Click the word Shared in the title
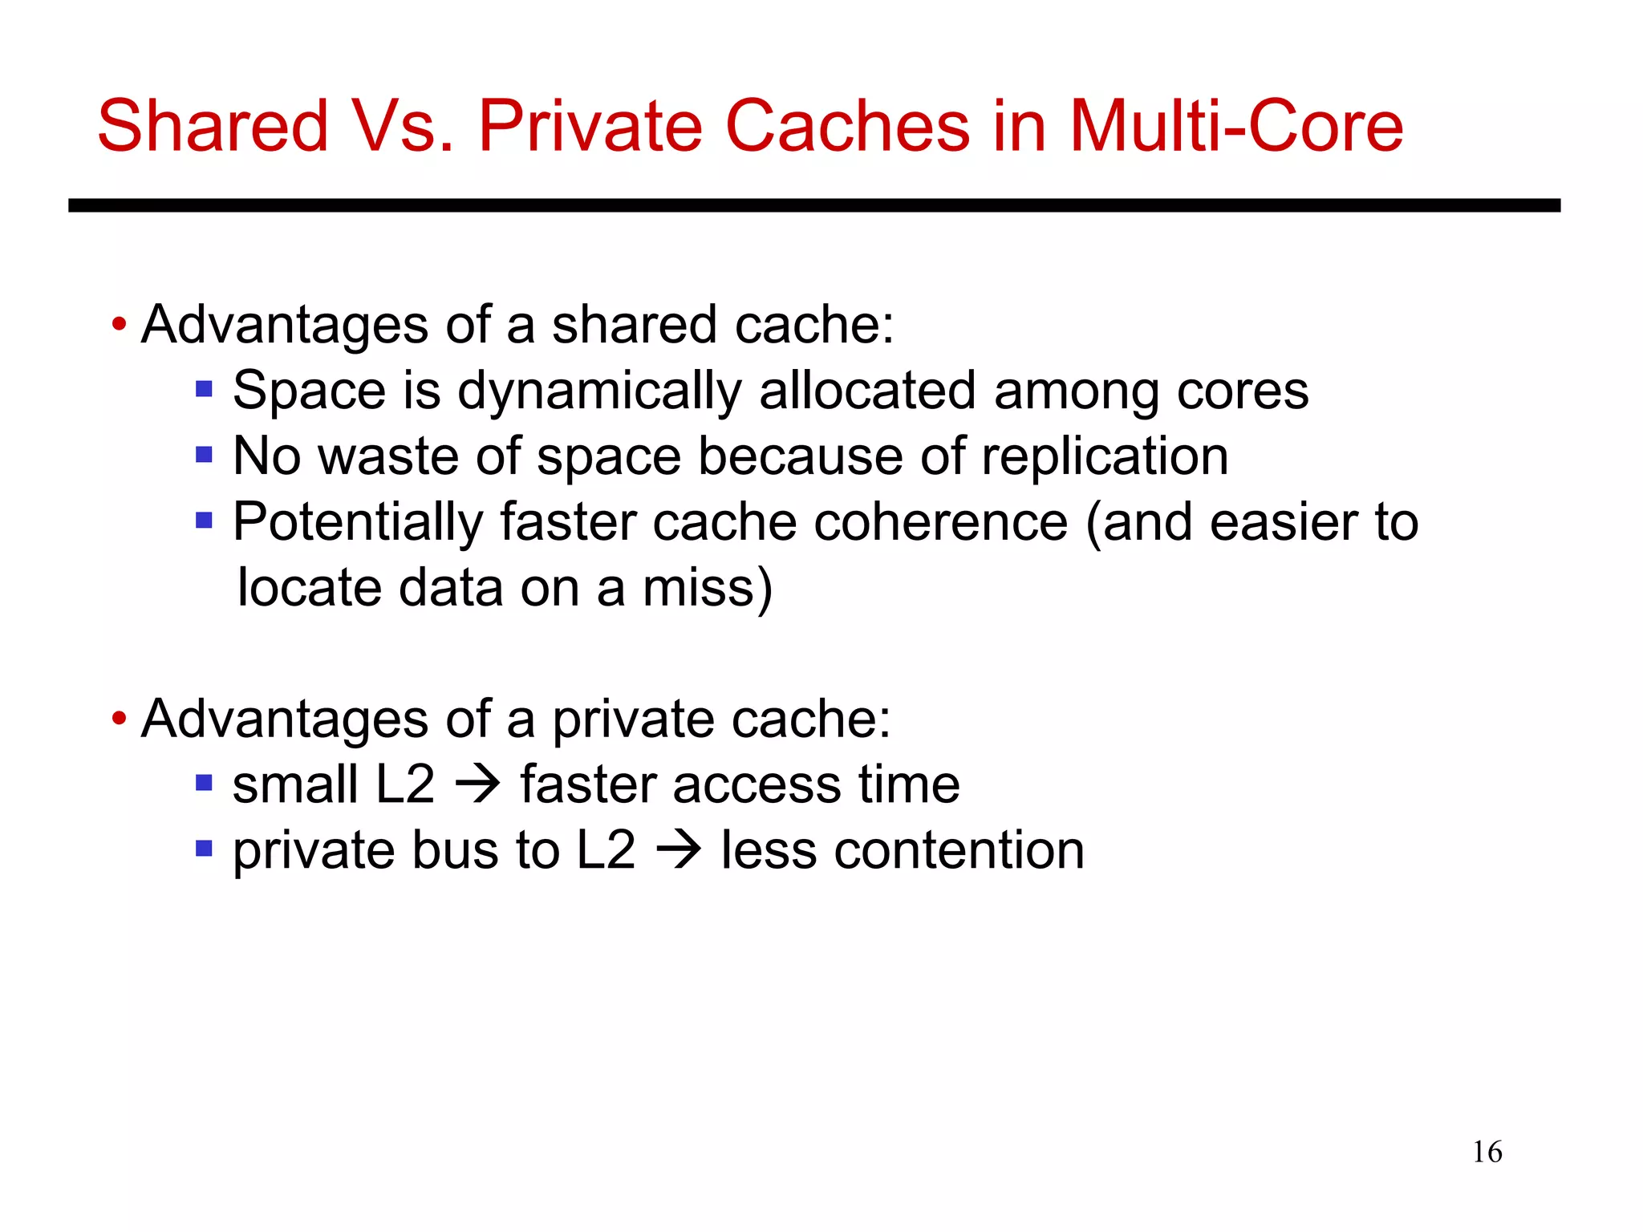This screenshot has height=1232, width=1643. [x=213, y=126]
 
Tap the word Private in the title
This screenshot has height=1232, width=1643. [x=590, y=126]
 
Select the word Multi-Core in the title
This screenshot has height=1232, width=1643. [x=1236, y=126]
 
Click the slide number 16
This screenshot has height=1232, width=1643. [x=1487, y=1152]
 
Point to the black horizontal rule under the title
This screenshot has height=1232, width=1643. [x=813, y=205]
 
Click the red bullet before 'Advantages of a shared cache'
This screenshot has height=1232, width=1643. [x=120, y=325]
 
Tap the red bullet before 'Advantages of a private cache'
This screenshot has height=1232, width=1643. [x=120, y=718]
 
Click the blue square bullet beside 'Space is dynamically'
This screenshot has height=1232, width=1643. [x=204, y=390]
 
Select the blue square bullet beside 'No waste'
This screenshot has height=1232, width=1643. [x=204, y=456]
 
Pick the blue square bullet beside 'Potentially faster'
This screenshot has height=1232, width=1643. [x=204, y=521]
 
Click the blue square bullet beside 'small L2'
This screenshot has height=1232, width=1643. [x=204, y=783]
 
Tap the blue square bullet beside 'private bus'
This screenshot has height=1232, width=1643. [x=204, y=849]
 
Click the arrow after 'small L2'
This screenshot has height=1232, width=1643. [x=478, y=784]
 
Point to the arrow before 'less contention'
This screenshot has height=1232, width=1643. [x=679, y=849]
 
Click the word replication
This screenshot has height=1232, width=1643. [x=1105, y=457]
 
